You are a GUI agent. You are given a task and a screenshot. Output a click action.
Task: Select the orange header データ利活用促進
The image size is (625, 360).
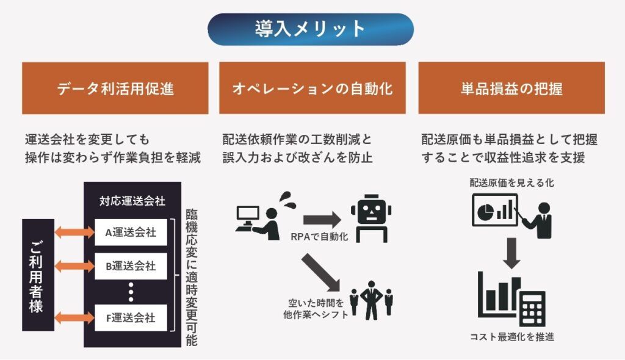pos(115,88)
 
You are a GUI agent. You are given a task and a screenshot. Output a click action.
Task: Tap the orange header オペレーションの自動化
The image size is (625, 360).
pos(312,88)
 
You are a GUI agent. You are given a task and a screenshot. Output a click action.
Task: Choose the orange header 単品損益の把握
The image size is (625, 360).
pos(511,88)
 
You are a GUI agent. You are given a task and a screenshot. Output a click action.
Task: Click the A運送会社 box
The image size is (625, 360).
pos(131,232)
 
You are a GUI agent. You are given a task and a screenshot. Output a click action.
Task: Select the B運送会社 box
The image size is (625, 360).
pos(131,267)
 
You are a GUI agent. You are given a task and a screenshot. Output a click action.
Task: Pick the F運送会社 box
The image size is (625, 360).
pos(131,318)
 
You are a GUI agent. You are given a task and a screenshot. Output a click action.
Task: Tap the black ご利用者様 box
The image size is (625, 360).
pos(37,275)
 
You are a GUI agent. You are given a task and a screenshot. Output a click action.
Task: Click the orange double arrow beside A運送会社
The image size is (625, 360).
pos(74,232)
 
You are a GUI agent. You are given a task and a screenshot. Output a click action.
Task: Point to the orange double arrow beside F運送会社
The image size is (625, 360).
pos(74,318)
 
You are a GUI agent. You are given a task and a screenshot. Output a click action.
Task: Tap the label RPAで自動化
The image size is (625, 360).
pos(319,237)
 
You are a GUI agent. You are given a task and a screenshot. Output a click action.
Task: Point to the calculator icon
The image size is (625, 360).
pos(530,308)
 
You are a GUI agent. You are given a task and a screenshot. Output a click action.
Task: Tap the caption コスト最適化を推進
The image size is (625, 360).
pos(511,336)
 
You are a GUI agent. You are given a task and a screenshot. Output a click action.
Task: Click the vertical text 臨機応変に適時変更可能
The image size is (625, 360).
pos(191,278)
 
